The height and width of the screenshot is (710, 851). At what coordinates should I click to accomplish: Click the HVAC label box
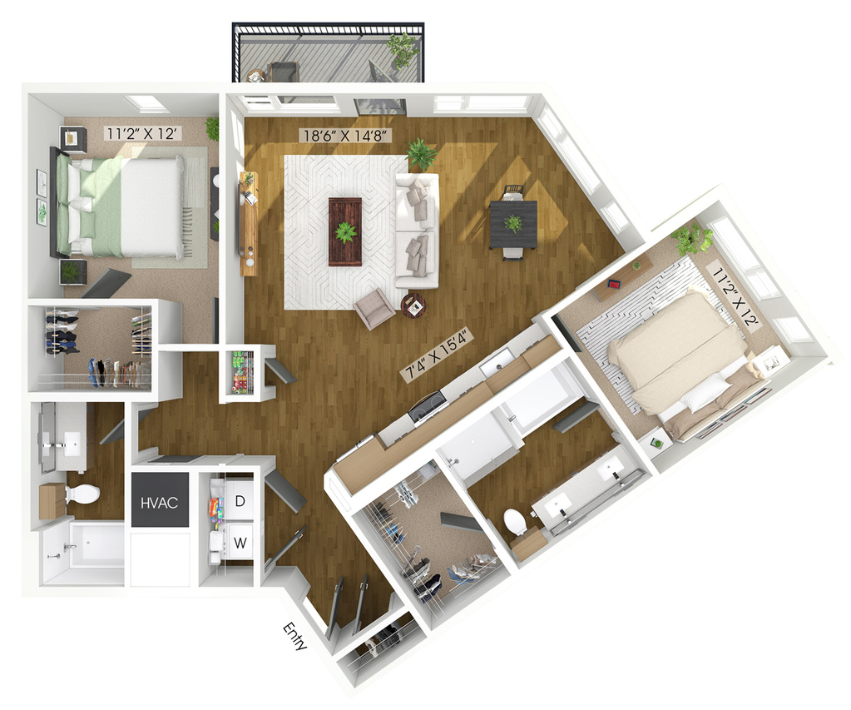click(160, 500)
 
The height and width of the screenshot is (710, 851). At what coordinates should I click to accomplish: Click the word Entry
click(295, 637)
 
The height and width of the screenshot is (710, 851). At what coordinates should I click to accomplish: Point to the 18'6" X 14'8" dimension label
click(346, 134)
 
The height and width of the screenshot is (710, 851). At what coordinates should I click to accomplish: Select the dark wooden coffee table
click(344, 232)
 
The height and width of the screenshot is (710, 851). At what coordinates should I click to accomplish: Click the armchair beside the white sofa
click(374, 308)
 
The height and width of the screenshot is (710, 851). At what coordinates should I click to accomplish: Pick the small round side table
click(413, 305)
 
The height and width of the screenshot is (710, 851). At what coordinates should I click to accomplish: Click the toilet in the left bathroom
click(82, 494)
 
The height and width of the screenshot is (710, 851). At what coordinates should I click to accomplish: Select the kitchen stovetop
click(428, 405)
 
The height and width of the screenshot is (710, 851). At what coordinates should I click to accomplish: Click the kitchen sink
click(497, 361)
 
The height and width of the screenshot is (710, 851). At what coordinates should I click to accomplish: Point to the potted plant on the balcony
click(403, 49)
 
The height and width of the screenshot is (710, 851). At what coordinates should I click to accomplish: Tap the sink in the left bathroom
click(70, 443)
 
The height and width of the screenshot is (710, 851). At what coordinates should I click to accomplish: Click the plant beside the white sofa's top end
click(421, 154)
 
